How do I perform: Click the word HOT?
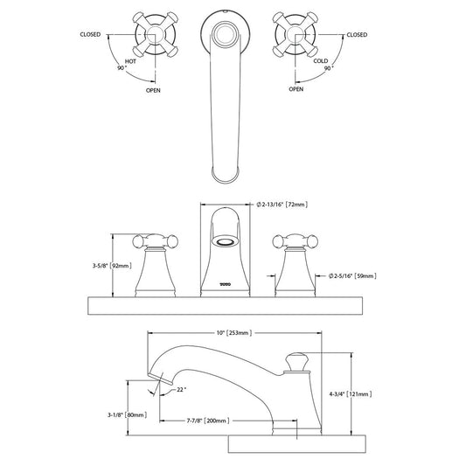130,61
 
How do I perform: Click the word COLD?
321,60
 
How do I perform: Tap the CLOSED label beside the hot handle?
90,34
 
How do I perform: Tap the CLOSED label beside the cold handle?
357,34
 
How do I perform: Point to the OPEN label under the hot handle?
153,90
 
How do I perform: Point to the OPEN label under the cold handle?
296,89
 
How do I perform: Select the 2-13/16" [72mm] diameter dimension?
282,205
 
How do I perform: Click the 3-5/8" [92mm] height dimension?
112,266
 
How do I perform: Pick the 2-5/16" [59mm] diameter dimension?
352,275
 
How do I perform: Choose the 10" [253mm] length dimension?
234,332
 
